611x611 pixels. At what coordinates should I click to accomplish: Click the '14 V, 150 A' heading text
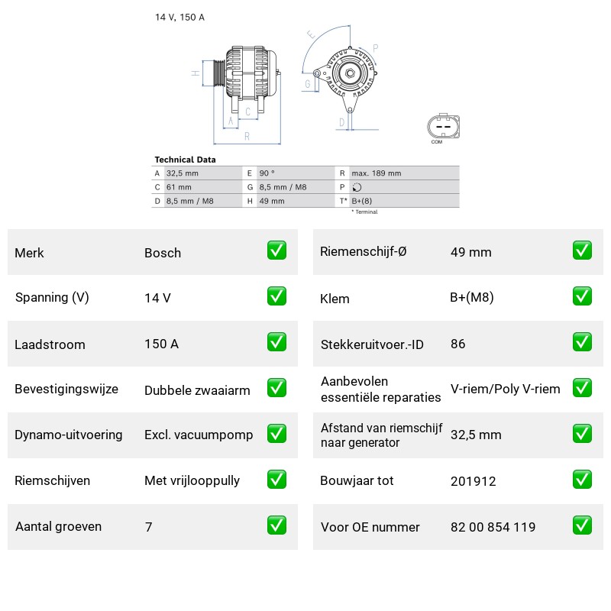click(179, 17)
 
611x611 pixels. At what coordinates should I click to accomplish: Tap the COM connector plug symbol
click(444, 127)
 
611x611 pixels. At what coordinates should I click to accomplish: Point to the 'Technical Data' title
click(185, 160)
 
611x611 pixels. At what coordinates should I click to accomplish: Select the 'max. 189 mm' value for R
click(376, 173)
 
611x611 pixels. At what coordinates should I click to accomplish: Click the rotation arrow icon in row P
click(357, 187)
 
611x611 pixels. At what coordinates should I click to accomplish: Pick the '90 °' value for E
click(267, 173)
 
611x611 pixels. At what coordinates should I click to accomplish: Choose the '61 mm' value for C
click(179, 187)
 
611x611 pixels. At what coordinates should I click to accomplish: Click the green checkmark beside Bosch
click(276, 251)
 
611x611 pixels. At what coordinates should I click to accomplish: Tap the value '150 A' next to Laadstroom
click(161, 344)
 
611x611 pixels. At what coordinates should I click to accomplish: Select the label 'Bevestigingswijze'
click(66, 389)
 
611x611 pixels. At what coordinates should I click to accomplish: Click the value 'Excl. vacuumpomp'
click(199, 435)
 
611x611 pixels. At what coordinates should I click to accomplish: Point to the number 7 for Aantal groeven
click(148, 527)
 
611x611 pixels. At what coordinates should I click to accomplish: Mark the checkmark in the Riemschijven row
click(276, 480)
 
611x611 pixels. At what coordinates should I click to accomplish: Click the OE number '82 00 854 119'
click(493, 527)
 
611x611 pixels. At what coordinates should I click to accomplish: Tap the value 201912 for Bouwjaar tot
click(473, 481)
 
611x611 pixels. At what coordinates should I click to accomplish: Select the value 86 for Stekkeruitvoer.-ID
click(457, 344)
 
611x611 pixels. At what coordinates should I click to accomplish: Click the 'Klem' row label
click(335, 299)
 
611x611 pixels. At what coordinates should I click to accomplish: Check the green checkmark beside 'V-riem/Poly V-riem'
click(582, 388)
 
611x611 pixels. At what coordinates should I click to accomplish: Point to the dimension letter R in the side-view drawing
click(247, 137)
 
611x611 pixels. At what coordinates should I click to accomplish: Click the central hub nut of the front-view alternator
click(350, 73)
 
